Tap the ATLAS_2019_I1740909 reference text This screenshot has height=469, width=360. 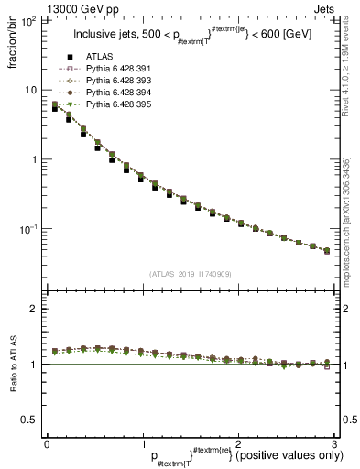point(189,274)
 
